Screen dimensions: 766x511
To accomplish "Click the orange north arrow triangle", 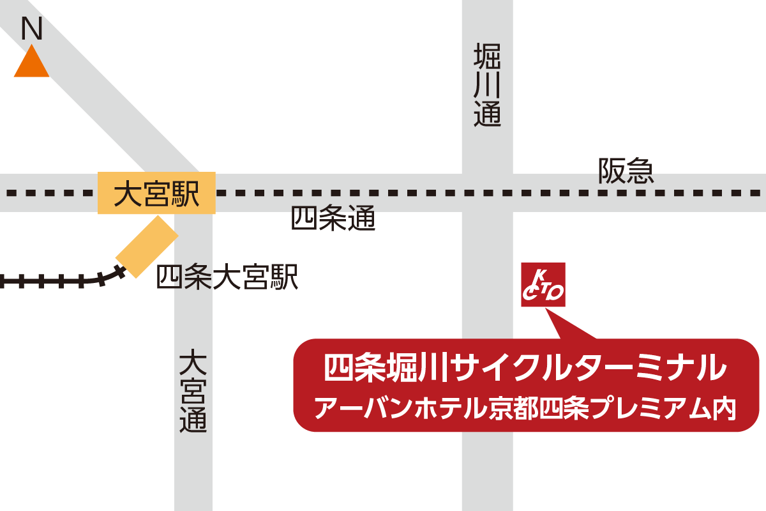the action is pos(31,64).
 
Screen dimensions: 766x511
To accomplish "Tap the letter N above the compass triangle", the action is pos(31,29).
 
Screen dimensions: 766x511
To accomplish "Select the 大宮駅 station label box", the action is pos(156,193).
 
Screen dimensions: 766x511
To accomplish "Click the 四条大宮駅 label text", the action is pos(227,278).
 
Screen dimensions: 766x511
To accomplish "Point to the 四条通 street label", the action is pos(333,219).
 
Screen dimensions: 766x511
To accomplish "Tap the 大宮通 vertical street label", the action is pos(193,391).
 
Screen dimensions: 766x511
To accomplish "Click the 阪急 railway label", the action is pos(626,171).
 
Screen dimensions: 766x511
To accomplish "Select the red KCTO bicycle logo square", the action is pos(543,285).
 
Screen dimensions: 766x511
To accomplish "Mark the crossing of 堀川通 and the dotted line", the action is pos(487,192).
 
